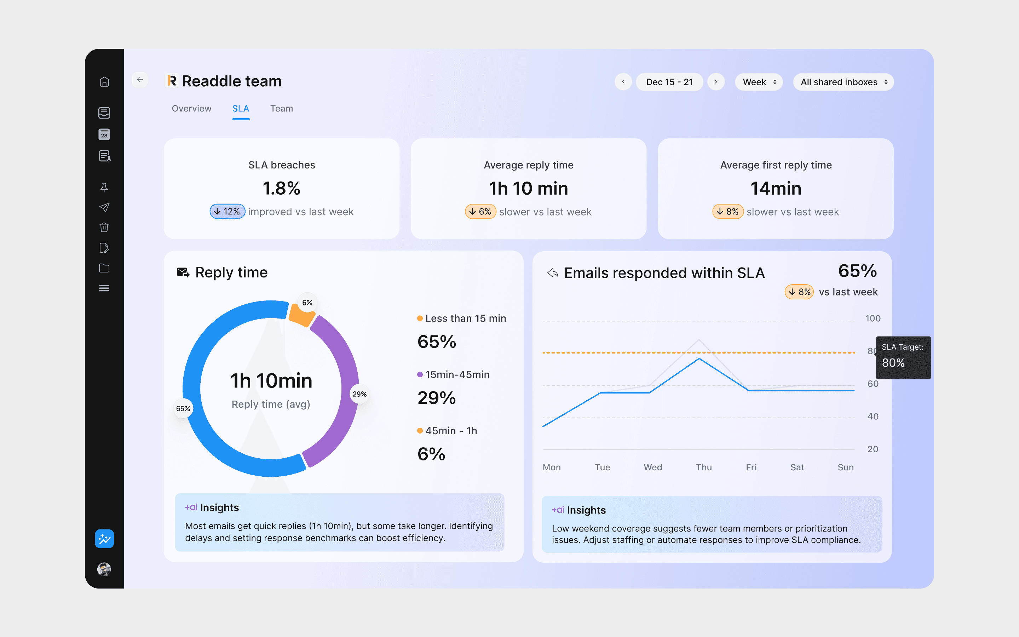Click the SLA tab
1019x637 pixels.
click(241, 109)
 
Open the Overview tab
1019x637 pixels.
click(191, 109)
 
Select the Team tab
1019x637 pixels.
click(281, 109)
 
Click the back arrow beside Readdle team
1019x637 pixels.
click(140, 80)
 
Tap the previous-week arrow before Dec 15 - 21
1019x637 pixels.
click(623, 82)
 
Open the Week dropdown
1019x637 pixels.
click(759, 82)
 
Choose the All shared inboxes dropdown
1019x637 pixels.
click(844, 82)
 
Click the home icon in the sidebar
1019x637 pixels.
click(104, 82)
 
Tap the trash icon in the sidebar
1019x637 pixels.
click(104, 228)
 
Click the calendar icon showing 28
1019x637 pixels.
click(104, 134)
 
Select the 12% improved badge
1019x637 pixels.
click(228, 212)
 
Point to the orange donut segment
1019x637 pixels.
click(301, 315)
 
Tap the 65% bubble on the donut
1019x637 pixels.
click(183, 408)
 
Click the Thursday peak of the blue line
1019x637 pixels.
click(700, 358)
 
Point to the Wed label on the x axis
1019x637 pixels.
click(653, 467)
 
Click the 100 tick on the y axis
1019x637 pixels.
click(873, 318)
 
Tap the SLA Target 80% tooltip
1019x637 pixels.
click(903, 358)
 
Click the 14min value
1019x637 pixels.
click(776, 188)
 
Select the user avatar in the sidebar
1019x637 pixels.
click(104, 569)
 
